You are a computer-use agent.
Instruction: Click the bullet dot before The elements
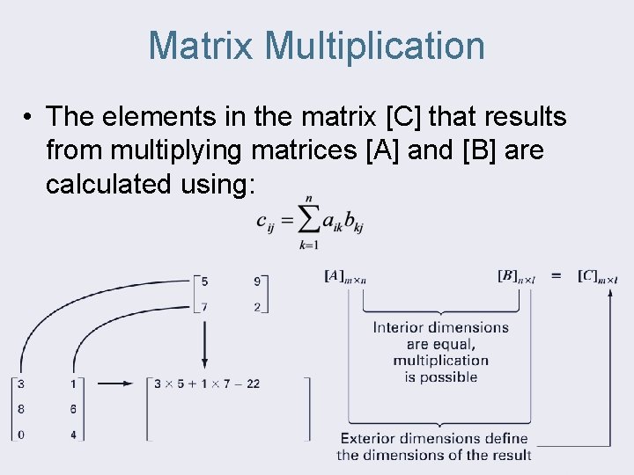pos(29,116)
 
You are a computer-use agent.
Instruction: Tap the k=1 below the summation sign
pos(308,245)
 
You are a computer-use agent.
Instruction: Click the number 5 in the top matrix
pos(204,282)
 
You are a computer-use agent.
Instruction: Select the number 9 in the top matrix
pos(256,282)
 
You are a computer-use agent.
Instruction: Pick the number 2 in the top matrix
pos(256,306)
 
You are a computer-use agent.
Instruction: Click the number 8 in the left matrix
pos(20,409)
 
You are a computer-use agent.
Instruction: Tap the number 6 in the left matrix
pos(72,409)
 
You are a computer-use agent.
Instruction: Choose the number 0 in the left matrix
pos(20,434)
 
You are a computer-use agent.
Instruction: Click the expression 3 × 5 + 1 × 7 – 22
pos(207,384)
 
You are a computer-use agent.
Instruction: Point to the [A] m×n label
pos(345,277)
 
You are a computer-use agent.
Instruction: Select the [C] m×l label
pos(598,277)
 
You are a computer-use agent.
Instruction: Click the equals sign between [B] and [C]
pos(557,276)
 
